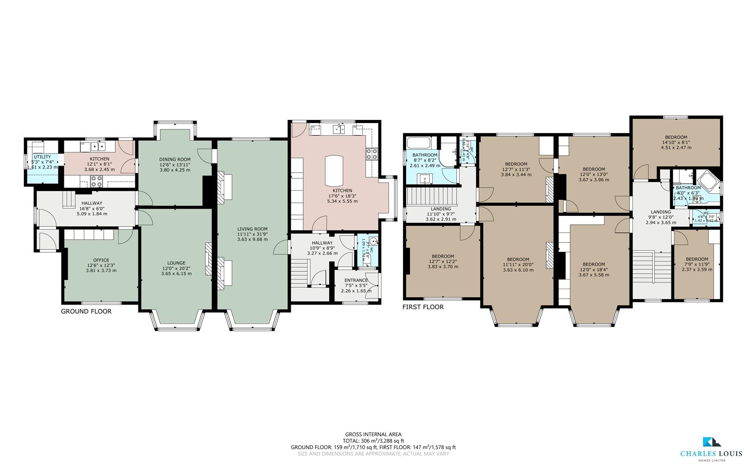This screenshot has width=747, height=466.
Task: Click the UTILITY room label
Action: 42,157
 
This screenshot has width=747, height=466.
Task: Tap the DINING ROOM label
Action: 175,159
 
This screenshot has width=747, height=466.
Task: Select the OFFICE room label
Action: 101,260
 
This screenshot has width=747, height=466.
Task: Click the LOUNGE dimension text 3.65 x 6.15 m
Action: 176,274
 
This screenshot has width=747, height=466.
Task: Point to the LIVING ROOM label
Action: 252,229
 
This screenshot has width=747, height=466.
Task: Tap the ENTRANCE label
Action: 356,280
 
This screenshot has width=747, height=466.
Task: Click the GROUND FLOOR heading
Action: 86,312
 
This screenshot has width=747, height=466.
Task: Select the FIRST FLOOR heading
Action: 423,307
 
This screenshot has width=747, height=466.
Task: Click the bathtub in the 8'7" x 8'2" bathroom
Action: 419,142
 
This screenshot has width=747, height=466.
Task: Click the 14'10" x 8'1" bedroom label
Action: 676,137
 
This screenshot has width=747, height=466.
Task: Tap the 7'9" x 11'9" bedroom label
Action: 696,259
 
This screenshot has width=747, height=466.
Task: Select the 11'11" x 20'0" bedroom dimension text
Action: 518,265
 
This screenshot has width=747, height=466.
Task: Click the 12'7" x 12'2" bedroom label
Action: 442,256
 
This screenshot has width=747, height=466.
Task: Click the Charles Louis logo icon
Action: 712,453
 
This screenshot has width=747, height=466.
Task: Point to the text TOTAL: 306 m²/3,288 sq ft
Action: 373,441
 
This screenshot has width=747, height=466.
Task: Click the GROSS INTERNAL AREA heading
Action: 373,435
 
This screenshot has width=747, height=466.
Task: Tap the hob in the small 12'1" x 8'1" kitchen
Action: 96,181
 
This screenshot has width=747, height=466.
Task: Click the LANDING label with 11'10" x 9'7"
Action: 441,209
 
